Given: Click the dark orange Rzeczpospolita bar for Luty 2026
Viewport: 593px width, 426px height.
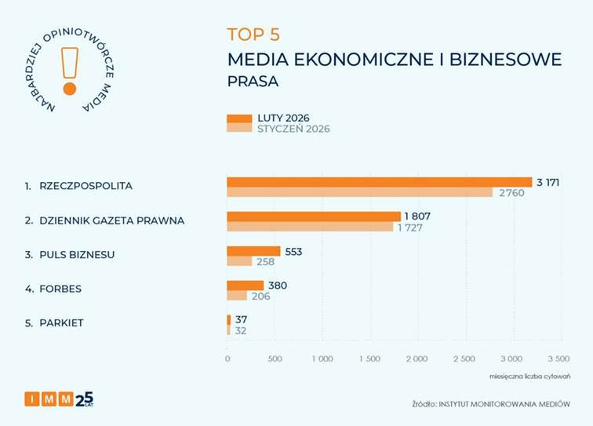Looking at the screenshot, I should pos(379,182).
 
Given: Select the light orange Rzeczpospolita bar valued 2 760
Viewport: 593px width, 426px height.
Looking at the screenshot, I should pos(359,192).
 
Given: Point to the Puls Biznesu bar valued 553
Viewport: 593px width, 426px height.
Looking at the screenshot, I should pos(253,251).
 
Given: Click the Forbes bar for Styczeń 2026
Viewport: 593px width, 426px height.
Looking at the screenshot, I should pos(237,296).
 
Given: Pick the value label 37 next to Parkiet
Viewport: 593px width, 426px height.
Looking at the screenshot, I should pos(242,319).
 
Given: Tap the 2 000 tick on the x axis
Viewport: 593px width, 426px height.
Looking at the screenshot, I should pos(417,359).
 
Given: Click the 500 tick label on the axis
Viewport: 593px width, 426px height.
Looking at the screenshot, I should pos(275,359).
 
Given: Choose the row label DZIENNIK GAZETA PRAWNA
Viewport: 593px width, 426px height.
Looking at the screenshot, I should pos(111,220).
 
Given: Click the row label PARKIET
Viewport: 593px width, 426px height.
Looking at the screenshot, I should pos(61,323).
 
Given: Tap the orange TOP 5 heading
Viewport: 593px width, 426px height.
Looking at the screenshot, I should pos(253,35).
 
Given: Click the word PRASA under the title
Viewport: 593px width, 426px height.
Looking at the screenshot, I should pos(253,81).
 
